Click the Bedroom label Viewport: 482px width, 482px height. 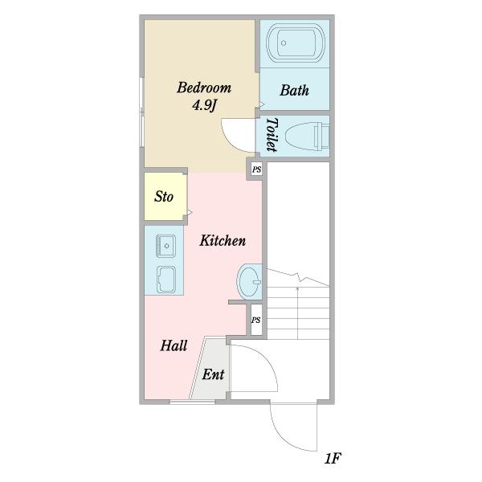pyautogui.click(x=204, y=88)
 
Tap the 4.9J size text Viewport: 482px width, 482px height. pyautogui.click(x=204, y=106)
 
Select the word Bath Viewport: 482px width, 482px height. pyautogui.click(x=295, y=90)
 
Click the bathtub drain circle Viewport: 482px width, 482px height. pyautogui.click(x=284, y=43)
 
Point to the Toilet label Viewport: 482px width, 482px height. pyautogui.click(x=272, y=134)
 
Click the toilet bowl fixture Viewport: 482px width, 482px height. pyautogui.click(x=307, y=136)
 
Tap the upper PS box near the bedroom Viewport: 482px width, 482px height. pyautogui.click(x=257, y=170)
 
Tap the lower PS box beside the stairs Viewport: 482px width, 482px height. pyautogui.click(x=256, y=320)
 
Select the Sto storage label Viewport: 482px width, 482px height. pyautogui.click(x=164, y=197)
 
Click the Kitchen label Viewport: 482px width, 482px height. pyautogui.click(x=223, y=240)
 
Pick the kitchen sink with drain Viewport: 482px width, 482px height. pyautogui.click(x=166, y=246)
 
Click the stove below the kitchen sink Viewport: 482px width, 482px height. pyautogui.click(x=166, y=280)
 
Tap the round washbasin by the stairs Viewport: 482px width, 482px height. pyautogui.click(x=249, y=282)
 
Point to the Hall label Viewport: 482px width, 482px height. pyautogui.click(x=174, y=345)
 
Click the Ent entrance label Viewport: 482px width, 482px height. pyautogui.click(x=213, y=374)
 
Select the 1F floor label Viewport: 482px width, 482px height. pyautogui.click(x=333, y=459)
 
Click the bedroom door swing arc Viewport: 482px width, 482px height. pyautogui.click(x=231, y=140)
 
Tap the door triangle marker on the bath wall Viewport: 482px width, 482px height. pyautogui.click(x=262, y=104)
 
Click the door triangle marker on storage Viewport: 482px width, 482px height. pyautogui.click(x=190, y=212)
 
